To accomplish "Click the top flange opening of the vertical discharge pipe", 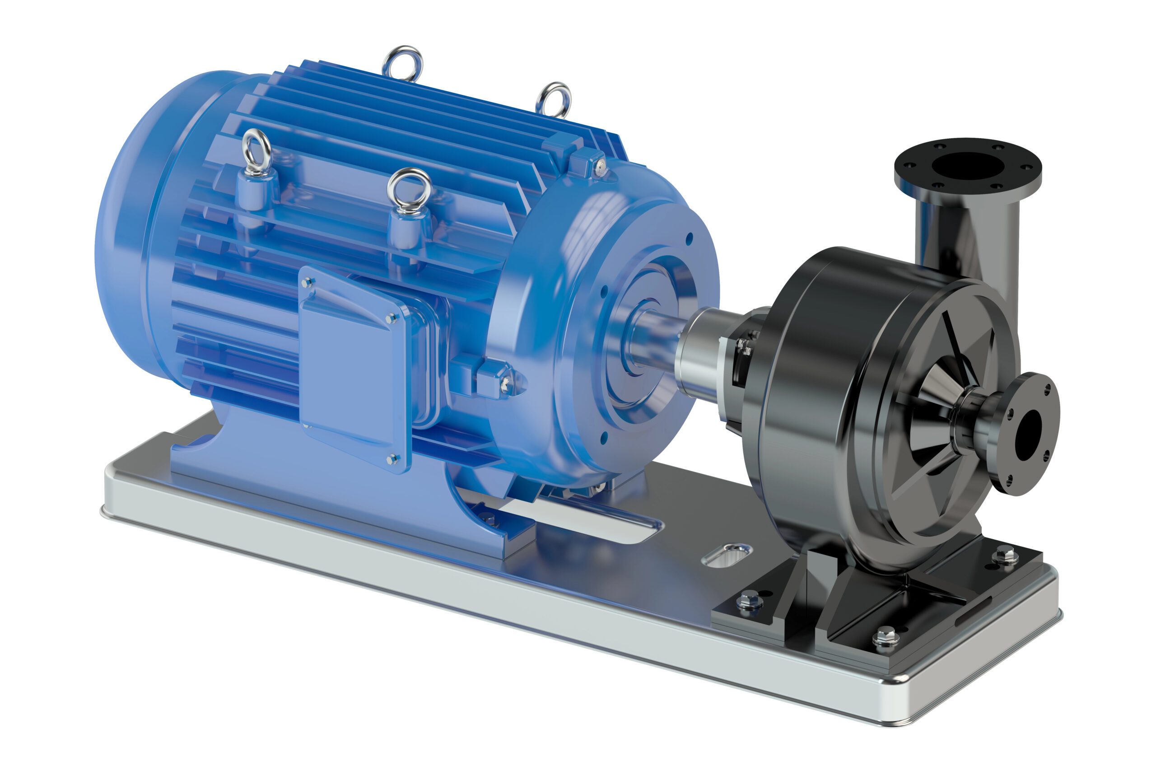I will point(967,166).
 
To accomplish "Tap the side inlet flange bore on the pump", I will point(1028,428).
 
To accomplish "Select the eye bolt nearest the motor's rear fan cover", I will point(256,151).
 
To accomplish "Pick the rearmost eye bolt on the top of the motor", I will point(402,62).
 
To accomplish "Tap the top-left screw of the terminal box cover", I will point(308,282).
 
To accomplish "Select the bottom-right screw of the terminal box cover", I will point(392,459).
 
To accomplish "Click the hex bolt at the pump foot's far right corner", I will point(1005,556).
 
